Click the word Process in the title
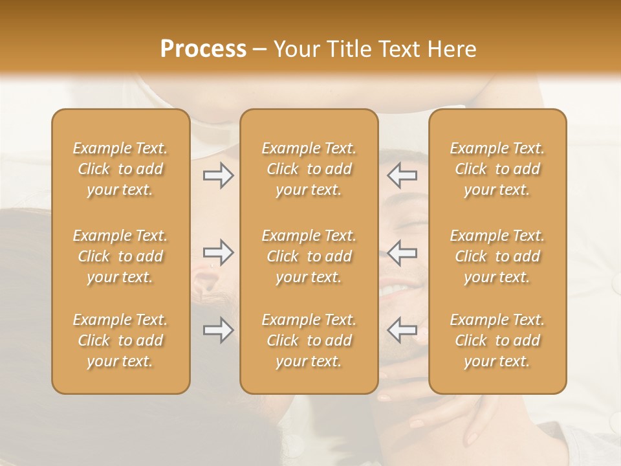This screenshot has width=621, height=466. (x=203, y=49)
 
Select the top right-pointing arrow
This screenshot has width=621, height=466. (x=219, y=175)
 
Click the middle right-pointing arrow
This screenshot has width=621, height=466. (x=219, y=253)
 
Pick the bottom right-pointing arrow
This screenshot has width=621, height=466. (x=219, y=331)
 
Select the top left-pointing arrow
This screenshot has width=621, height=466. (x=402, y=175)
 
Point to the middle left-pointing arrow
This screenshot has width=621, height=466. (x=402, y=253)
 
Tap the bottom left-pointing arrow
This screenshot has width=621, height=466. (x=402, y=331)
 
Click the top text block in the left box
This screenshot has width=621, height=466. (x=120, y=169)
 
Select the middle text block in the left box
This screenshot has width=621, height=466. (x=120, y=256)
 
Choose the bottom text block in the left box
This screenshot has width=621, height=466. (x=120, y=340)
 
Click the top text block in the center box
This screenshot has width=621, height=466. (x=309, y=169)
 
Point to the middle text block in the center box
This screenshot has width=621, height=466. (x=309, y=256)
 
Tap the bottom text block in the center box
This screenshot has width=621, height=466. (x=309, y=340)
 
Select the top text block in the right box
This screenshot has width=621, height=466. (x=497, y=169)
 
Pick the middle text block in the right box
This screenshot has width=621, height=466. (x=497, y=256)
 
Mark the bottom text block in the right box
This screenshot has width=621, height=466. (x=497, y=340)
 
